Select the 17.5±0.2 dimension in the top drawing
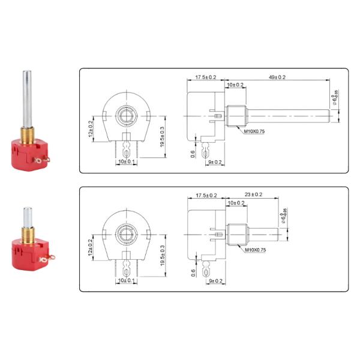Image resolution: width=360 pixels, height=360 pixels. (206, 77)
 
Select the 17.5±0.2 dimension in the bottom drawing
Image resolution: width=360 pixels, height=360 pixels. (206, 195)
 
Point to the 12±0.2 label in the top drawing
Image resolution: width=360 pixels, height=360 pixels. (91, 127)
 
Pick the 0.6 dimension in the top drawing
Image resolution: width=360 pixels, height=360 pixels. (193, 153)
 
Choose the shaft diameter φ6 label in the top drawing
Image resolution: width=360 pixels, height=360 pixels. (335, 97)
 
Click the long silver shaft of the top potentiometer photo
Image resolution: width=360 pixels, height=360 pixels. (26, 96)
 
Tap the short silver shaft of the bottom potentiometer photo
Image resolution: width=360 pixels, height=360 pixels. (27, 214)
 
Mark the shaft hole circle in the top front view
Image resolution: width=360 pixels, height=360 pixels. (126, 113)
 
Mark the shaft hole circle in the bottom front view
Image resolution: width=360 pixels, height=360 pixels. (126, 231)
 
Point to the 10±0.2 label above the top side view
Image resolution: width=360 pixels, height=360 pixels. (235, 85)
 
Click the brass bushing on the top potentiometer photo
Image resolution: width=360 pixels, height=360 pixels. (26, 131)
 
